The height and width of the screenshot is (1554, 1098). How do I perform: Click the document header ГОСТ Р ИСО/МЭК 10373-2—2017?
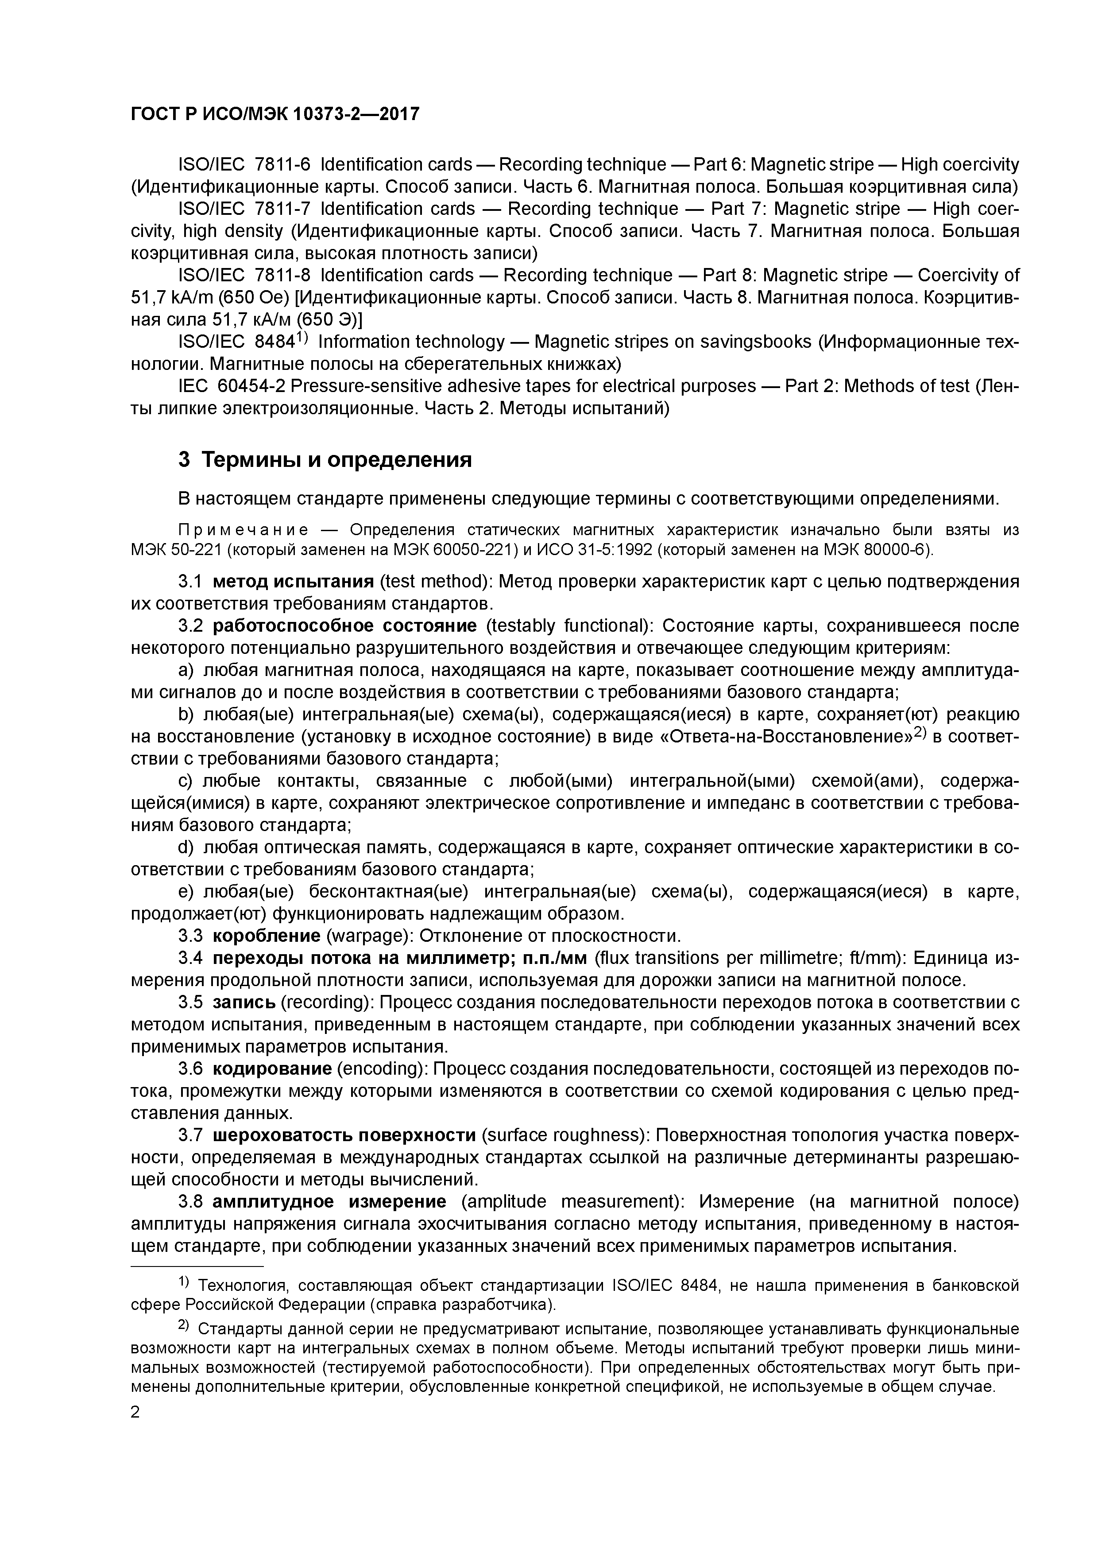coord(274,114)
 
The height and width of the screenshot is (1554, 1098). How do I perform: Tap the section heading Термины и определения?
coord(337,460)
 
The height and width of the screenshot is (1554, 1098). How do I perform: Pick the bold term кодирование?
coord(271,1069)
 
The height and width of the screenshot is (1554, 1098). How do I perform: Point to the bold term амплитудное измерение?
coord(329,1201)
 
